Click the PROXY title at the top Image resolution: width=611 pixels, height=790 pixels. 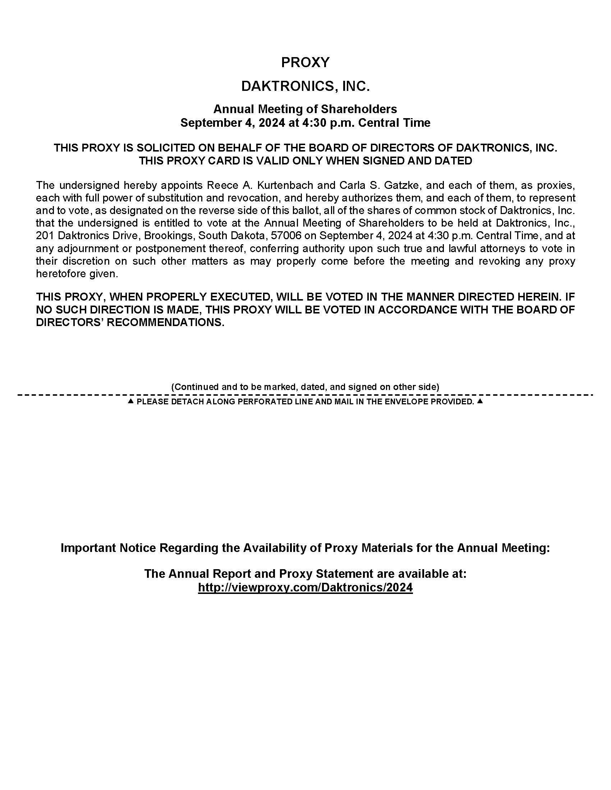click(305, 62)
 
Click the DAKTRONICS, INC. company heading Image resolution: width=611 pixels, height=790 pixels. click(305, 87)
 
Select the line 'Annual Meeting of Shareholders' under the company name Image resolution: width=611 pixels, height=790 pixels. click(305, 109)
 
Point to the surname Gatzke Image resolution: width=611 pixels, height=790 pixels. click(402, 185)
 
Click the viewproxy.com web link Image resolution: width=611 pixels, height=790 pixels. click(305, 587)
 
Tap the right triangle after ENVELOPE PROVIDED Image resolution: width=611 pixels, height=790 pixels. click(480, 401)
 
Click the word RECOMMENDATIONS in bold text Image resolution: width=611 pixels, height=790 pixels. click(165, 322)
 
